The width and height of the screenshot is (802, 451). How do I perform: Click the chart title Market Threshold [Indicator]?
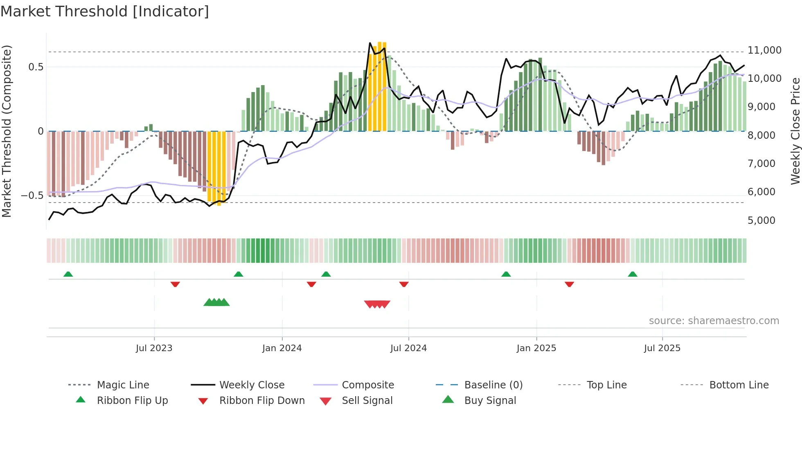[x=105, y=11]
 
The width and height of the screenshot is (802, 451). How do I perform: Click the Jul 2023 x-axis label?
[x=154, y=348]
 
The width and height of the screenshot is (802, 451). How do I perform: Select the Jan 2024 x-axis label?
[x=282, y=348]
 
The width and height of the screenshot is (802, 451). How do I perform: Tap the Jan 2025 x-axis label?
[x=536, y=348]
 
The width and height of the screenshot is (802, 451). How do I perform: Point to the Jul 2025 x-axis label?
[x=662, y=348]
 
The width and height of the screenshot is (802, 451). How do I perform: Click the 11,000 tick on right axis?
[x=764, y=50]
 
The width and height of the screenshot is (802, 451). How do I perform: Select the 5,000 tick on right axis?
[x=761, y=221]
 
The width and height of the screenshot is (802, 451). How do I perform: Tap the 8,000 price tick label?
[x=761, y=135]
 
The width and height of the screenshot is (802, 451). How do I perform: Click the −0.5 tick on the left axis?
[x=32, y=196]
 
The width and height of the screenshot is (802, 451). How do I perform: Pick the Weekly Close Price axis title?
[x=795, y=131]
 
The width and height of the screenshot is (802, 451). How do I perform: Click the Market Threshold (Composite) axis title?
[x=7, y=131]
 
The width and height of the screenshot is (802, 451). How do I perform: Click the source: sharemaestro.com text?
[x=714, y=321]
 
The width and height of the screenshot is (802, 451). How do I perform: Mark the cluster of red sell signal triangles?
[x=377, y=304]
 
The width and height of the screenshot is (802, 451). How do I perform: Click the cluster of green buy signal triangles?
[x=216, y=302]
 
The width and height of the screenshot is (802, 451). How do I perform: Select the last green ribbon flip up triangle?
[x=633, y=274]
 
